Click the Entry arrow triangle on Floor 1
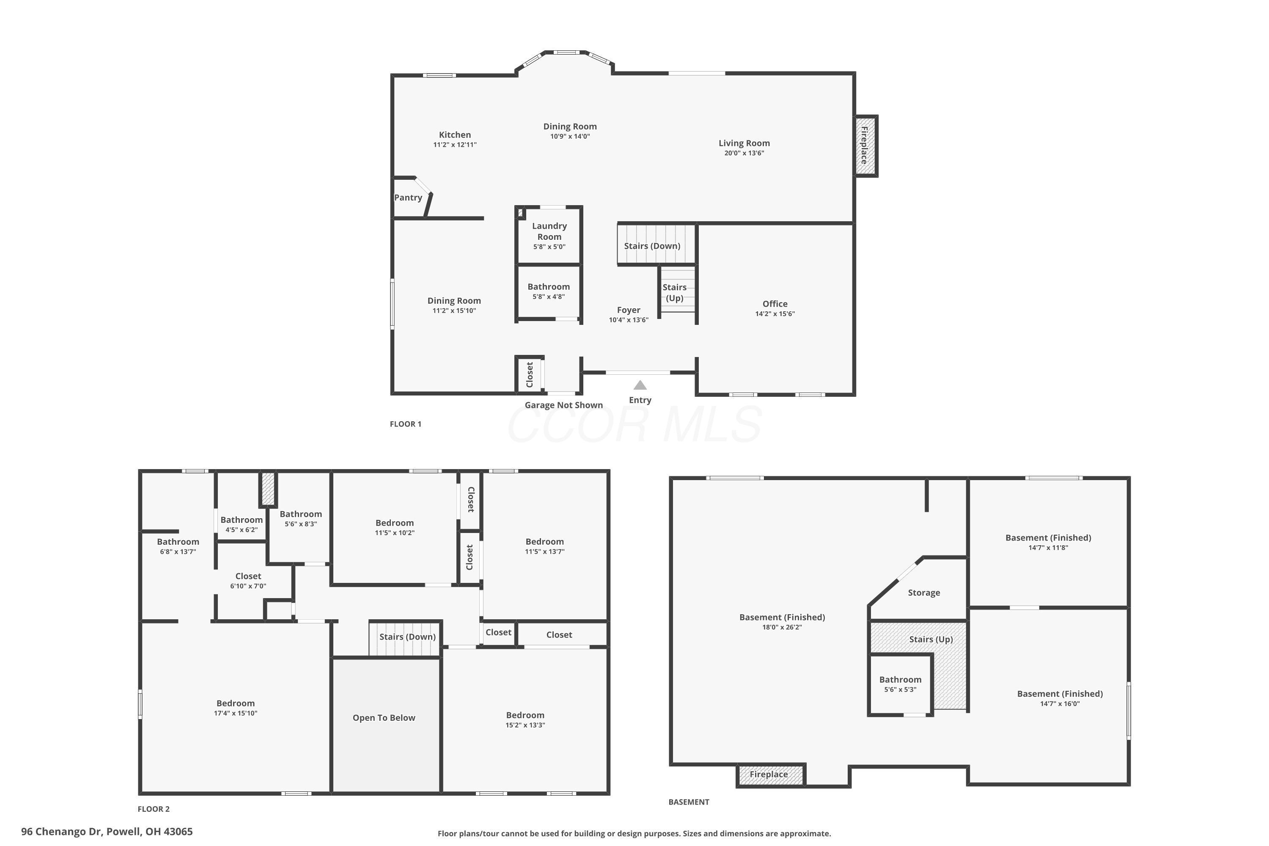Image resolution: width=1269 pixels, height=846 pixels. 640,385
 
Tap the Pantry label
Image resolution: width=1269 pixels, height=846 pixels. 408,198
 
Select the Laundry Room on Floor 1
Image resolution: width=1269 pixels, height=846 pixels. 549,236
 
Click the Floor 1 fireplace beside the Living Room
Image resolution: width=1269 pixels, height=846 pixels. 865,146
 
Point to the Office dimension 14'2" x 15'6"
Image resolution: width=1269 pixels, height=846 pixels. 775,314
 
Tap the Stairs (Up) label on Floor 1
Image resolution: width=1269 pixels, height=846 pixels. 674,292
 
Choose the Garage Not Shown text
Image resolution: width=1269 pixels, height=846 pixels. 564,405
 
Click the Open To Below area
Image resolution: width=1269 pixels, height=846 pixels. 386,725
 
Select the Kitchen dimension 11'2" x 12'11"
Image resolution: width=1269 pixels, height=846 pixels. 455,145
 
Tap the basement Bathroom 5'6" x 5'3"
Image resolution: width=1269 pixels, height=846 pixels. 900,684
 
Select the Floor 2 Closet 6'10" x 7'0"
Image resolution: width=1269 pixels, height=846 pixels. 248,580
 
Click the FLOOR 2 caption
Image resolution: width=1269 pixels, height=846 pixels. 154,809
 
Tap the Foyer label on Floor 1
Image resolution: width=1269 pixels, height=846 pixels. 629,310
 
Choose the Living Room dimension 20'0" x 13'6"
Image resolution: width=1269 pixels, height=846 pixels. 744,153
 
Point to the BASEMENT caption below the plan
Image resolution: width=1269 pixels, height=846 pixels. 689,802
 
